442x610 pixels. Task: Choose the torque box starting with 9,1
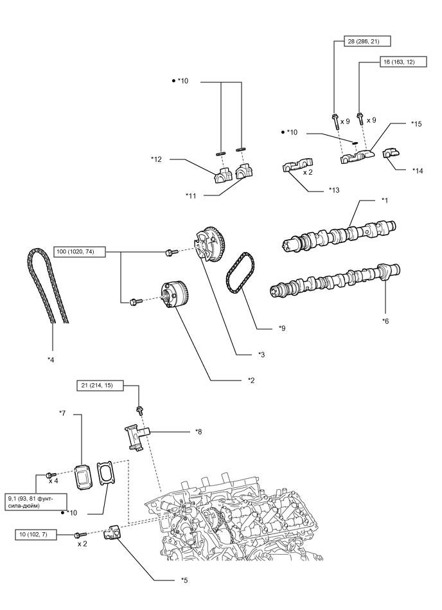coord(31,501)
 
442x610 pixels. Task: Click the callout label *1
coord(385,200)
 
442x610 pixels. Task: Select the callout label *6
coord(385,320)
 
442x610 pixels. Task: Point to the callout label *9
coord(282,328)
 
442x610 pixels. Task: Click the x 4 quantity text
coord(53,481)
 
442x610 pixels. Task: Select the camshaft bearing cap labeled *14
coord(391,155)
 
